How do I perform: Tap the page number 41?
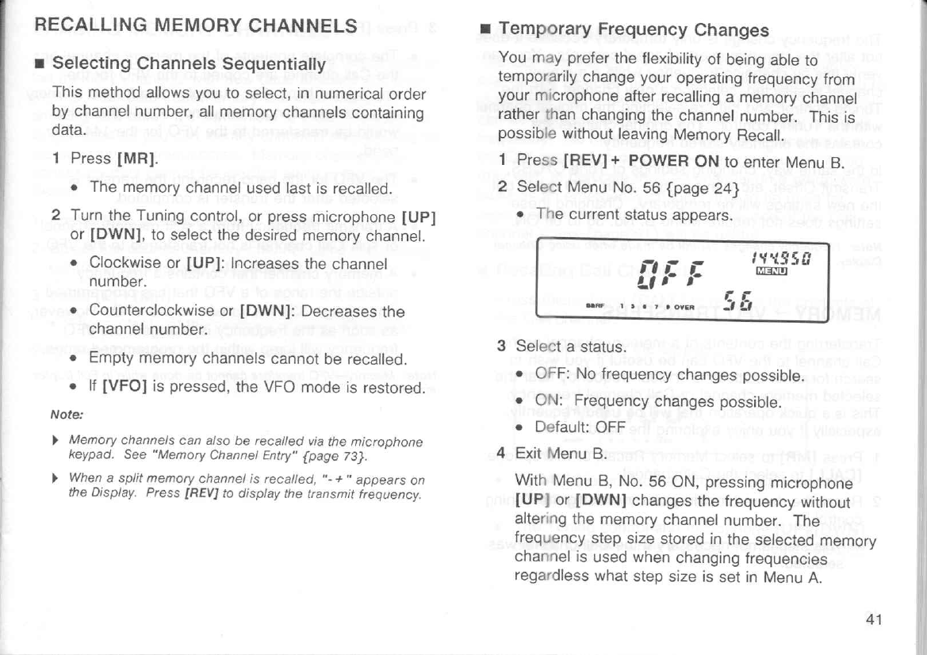click(874, 619)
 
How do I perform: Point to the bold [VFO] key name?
click(123, 388)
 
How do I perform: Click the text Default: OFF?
click(581, 427)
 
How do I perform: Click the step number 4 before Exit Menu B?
click(501, 454)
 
